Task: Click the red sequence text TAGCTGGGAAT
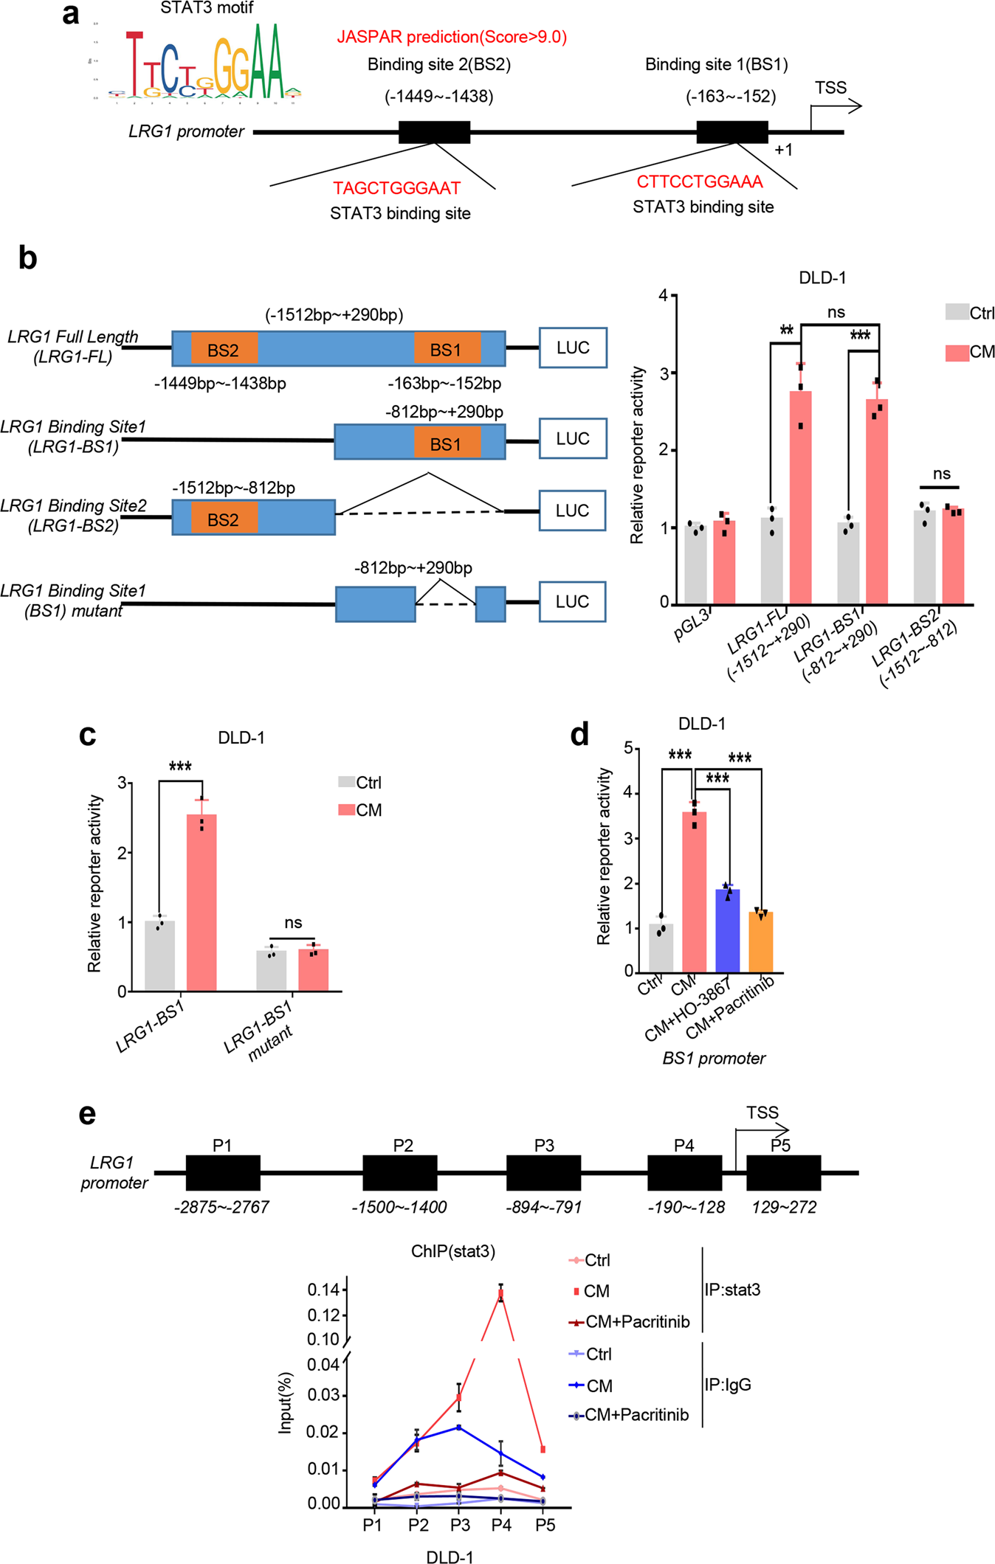(396, 189)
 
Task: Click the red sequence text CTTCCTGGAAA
(699, 182)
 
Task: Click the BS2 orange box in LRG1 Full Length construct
(224, 350)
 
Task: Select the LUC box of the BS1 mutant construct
(572, 602)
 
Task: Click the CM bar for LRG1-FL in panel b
(800, 502)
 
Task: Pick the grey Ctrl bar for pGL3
(695, 564)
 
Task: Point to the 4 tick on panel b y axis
(663, 296)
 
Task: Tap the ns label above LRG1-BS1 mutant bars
(293, 923)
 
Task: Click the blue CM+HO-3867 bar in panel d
(727, 931)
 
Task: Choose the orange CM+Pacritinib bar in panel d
(760, 942)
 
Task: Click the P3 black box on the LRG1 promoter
(543, 1172)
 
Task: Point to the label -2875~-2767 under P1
(221, 1207)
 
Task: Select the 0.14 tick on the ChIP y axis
(323, 1290)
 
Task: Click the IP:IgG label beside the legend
(727, 1385)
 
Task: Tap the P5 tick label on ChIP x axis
(545, 1525)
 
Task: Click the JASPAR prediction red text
(452, 37)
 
